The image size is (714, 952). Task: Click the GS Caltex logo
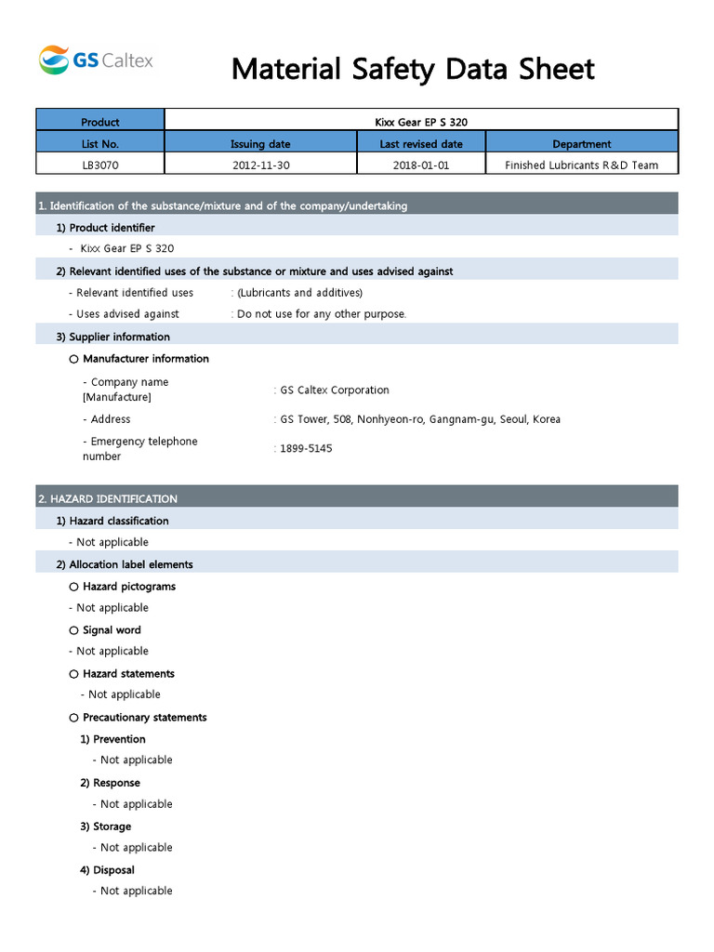tap(96, 61)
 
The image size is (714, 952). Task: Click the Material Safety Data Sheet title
tap(413, 69)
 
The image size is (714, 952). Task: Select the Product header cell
tap(100, 122)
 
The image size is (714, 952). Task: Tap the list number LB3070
tap(100, 165)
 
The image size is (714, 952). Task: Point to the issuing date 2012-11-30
tap(260, 165)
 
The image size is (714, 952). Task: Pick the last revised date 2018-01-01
tap(421, 165)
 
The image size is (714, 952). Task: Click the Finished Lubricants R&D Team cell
tap(581, 165)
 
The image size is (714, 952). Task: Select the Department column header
tap(581, 144)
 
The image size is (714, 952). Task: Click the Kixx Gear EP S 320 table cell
tap(421, 122)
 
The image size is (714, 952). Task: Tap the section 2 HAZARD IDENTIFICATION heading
tap(108, 499)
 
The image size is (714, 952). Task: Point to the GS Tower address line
tap(420, 419)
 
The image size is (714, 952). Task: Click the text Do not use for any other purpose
tap(322, 314)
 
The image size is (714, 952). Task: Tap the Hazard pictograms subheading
tap(128, 587)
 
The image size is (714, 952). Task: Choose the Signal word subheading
tap(112, 630)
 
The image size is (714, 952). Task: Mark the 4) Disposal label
tap(107, 870)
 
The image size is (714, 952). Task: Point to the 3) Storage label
tap(105, 826)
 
